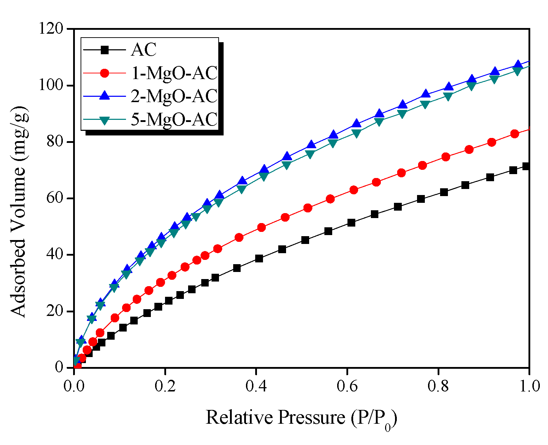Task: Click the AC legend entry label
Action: (x=143, y=50)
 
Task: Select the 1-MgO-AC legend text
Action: (x=174, y=73)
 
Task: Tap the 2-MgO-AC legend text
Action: (x=174, y=96)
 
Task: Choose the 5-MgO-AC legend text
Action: (x=174, y=119)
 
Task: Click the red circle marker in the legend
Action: (x=104, y=73)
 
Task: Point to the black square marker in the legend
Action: (x=104, y=50)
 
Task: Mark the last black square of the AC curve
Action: (x=526, y=166)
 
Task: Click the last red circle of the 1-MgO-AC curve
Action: (x=515, y=134)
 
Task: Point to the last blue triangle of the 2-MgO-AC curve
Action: (x=518, y=65)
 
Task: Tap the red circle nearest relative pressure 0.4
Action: (x=261, y=227)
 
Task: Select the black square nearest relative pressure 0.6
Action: (x=351, y=223)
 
